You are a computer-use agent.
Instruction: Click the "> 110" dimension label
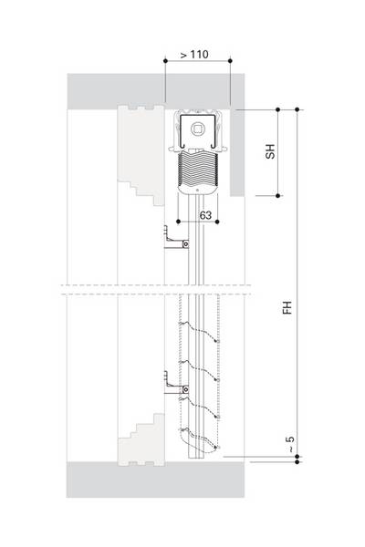click(x=194, y=55)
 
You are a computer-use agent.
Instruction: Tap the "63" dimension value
click(x=205, y=215)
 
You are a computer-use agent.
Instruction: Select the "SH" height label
click(x=270, y=151)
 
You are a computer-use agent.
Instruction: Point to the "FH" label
click(x=287, y=307)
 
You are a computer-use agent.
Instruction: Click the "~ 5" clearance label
click(x=290, y=445)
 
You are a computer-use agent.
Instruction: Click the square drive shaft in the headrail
click(x=197, y=129)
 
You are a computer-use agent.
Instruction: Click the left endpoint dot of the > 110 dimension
click(x=165, y=61)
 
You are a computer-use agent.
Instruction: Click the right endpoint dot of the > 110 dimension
click(x=230, y=61)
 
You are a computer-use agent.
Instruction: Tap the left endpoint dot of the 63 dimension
click(x=178, y=222)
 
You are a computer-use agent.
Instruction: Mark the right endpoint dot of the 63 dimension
click(x=217, y=222)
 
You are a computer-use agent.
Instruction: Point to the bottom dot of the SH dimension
click(x=277, y=196)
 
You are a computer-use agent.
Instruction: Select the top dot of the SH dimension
click(x=277, y=109)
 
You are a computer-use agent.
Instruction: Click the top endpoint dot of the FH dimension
click(x=297, y=109)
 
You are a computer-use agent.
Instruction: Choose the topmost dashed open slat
click(x=199, y=331)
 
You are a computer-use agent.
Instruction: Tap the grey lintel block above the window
click(x=156, y=89)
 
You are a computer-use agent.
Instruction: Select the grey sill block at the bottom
click(x=155, y=480)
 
